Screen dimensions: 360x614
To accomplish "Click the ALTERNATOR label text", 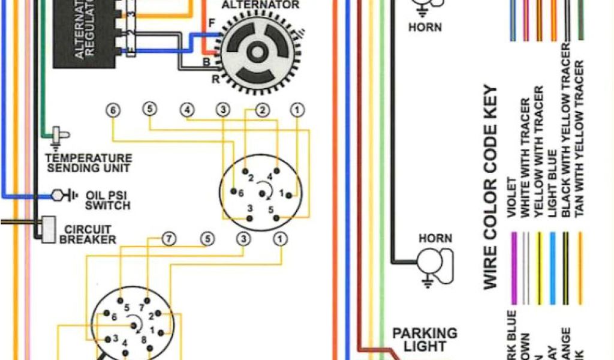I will point(260,5).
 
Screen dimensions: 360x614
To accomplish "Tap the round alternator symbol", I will point(256,53).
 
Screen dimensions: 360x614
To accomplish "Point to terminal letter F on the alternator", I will point(211,23).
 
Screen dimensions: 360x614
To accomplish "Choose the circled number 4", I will point(189,110).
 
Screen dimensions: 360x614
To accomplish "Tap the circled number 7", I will point(169,239).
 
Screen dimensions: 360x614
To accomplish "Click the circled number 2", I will point(261,110).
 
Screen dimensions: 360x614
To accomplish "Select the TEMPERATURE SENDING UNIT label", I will point(88,163).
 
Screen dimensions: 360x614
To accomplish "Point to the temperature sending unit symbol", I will point(59,136).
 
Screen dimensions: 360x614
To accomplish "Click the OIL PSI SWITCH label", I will point(107,200).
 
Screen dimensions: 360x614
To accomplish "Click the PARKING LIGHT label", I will point(425,340).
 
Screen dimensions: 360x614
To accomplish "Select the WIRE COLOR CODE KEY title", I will point(490,186).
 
